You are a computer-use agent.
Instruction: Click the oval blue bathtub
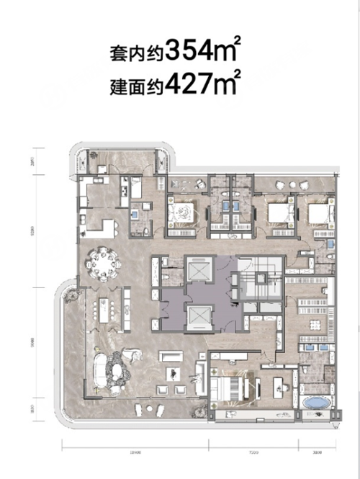click(315, 402)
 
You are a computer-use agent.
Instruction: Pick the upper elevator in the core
click(198, 268)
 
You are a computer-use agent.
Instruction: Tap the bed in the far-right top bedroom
click(317, 214)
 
